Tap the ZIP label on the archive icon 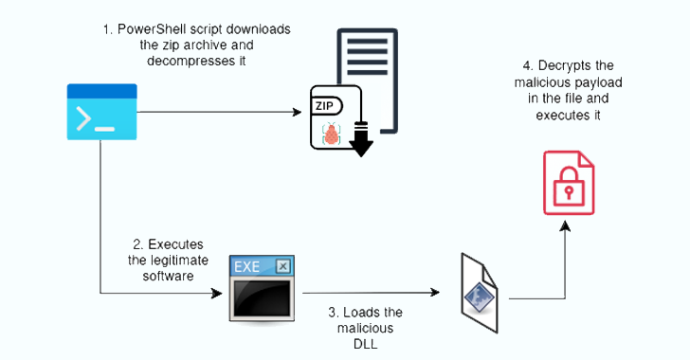pos(325,107)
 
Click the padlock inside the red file pos(569,189)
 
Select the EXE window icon pos(261,288)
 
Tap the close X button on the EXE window pos(281,266)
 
